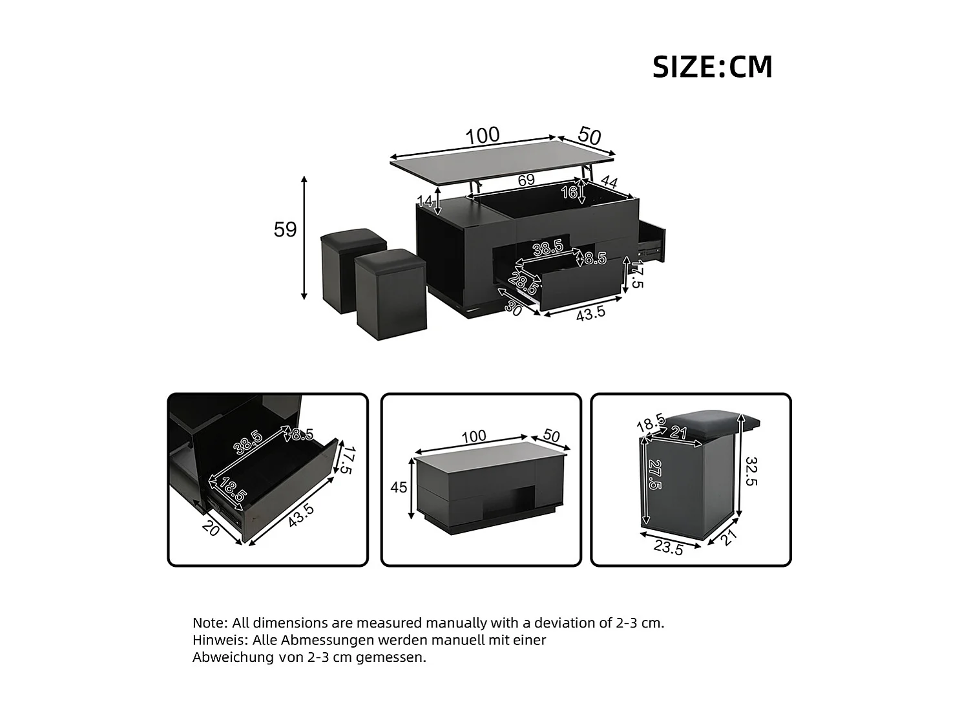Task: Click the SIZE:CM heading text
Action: [712, 67]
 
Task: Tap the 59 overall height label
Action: [285, 229]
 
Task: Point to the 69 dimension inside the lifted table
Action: [526, 180]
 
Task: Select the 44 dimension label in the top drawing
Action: [609, 182]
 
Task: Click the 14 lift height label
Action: [425, 201]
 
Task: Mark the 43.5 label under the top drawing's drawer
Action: [590, 312]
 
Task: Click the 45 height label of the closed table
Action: [399, 487]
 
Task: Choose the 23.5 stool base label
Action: [668, 548]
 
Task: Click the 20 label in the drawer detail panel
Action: [211, 528]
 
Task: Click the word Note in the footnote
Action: [209, 623]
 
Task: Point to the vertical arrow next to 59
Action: [304, 237]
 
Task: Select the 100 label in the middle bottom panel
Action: [474, 437]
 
